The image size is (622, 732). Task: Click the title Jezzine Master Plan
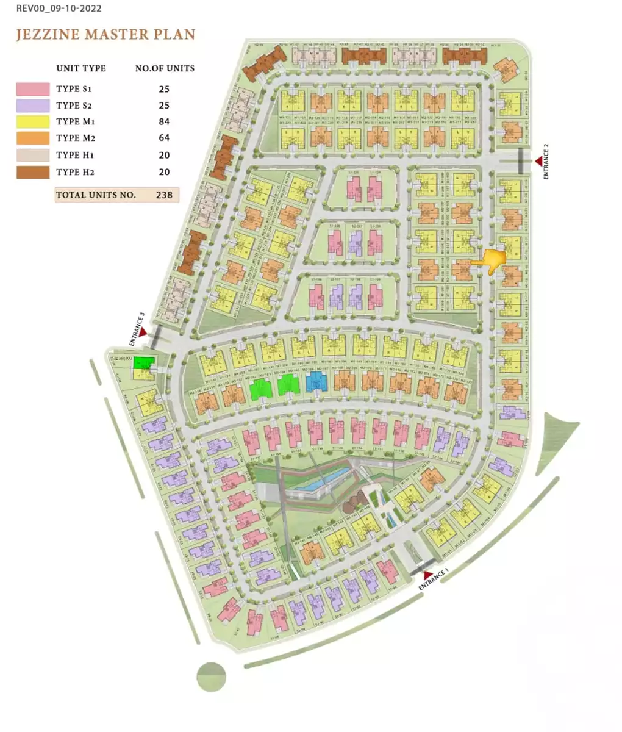click(105, 34)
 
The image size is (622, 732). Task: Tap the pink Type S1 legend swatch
click(32, 89)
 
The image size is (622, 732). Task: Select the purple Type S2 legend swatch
click(32, 106)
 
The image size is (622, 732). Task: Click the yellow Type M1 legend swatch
click(32, 122)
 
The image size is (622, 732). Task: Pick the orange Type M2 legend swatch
click(32, 138)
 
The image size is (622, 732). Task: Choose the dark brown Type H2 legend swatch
click(32, 172)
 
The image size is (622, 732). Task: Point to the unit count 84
click(163, 122)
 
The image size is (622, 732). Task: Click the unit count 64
click(163, 138)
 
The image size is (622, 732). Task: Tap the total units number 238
click(163, 196)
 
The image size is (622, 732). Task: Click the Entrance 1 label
click(435, 578)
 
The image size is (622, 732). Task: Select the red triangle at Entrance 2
click(538, 160)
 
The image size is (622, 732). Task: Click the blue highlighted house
click(316, 382)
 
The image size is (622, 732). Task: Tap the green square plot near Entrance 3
click(143, 364)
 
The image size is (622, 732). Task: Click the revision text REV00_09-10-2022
click(59, 9)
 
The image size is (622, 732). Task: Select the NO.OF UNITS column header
click(165, 68)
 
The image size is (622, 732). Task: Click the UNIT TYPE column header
click(81, 68)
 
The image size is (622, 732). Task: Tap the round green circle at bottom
click(211, 676)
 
